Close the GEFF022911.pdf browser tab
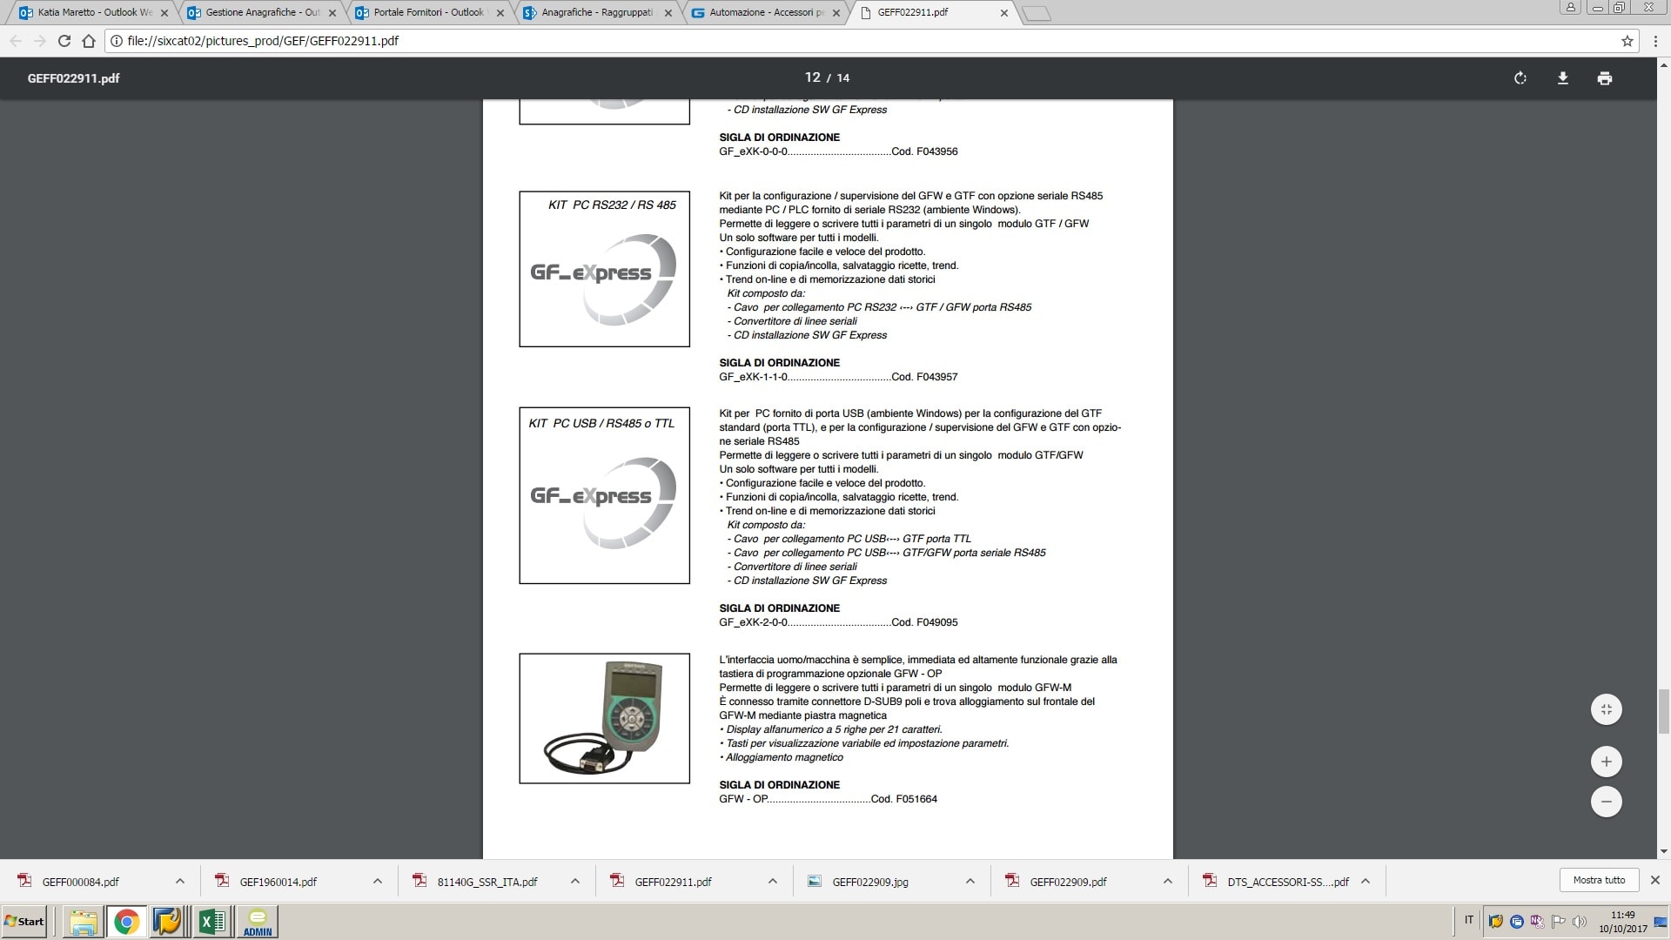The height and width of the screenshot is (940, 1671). click(1004, 13)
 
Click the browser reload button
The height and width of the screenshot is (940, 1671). click(64, 41)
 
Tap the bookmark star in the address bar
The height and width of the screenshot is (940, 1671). click(1627, 41)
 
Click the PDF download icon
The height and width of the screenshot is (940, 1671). click(1562, 78)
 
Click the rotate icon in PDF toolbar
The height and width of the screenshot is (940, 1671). click(1520, 78)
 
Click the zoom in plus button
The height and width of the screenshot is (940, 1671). click(1606, 762)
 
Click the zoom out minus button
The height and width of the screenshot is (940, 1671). click(1606, 802)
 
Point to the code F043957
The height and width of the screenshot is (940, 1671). click(936, 377)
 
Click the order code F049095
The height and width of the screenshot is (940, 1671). click(936, 622)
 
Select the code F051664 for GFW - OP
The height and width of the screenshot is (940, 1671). click(916, 799)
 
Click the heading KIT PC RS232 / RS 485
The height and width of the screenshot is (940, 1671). click(612, 205)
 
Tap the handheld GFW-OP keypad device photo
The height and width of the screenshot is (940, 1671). click(604, 718)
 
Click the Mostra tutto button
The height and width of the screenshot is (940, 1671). click(1599, 880)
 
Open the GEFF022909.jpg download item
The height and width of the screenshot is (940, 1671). click(869, 882)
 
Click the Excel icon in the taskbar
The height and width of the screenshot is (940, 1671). click(211, 921)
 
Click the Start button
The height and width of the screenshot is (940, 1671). click(24, 921)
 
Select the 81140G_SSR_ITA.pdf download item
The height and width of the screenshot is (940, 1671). click(487, 882)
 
